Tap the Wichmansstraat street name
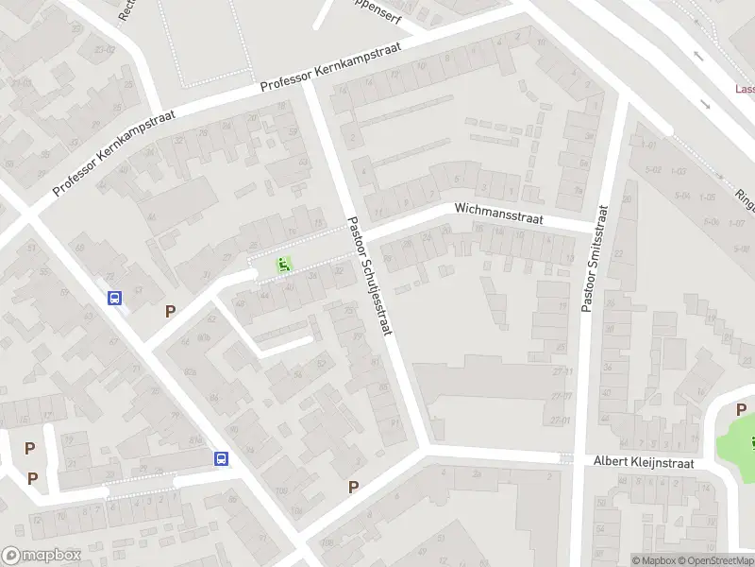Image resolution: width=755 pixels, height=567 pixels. tap(498, 211)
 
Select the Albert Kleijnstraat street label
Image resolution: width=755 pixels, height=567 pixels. tap(644, 463)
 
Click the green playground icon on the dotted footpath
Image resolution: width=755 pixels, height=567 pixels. tap(282, 265)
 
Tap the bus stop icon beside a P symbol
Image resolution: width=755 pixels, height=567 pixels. tap(115, 299)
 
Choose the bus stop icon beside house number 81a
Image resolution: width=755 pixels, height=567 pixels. tap(221, 458)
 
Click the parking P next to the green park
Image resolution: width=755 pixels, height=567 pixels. tap(741, 409)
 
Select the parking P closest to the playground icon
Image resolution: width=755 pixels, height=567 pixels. tap(170, 311)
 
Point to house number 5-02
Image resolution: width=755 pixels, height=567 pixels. tap(652, 170)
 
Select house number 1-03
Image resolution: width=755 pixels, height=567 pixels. tap(678, 171)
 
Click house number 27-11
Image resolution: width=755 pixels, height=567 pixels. tap(563, 371)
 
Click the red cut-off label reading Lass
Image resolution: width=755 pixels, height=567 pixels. tap(745, 90)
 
